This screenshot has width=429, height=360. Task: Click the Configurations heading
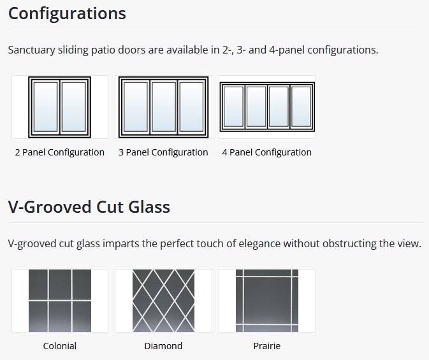(x=67, y=13)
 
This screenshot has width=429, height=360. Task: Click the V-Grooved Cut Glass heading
(x=89, y=207)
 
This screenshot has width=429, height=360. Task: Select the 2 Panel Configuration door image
(x=60, y=107)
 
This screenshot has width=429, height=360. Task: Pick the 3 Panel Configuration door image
(x=163, y=107)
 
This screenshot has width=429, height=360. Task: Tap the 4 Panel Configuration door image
(x=267, y=107)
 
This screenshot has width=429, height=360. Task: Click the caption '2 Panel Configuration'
(x=60, y=152)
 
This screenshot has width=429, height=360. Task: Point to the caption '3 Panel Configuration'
(x=163, y=152)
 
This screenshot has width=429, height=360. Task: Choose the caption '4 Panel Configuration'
(x=266, y=152)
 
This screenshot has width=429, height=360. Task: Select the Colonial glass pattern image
(x=60, y=301)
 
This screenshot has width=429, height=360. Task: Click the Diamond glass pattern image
(x=163, y=301)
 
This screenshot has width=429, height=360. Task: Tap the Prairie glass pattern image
(x=267, y=301)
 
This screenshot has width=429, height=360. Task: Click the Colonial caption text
(x=60, y=346)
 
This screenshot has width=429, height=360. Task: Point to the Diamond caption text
(x=163, y=346)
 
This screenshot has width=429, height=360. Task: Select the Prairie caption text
(x=267, y=346)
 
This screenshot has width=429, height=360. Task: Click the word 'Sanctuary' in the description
(x=31, y=50)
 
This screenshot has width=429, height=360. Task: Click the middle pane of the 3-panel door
(x=164, y=107)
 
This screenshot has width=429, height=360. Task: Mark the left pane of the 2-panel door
(x=45, y=107)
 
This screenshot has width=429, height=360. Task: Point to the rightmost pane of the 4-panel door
(x=301, y=107)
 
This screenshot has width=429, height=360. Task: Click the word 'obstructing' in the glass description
(x=349, y=244)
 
